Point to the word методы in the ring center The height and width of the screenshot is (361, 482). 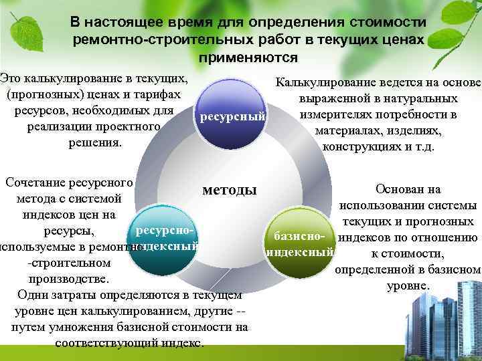tap(230, 190)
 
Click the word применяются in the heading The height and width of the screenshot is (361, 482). tap(248, 57)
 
